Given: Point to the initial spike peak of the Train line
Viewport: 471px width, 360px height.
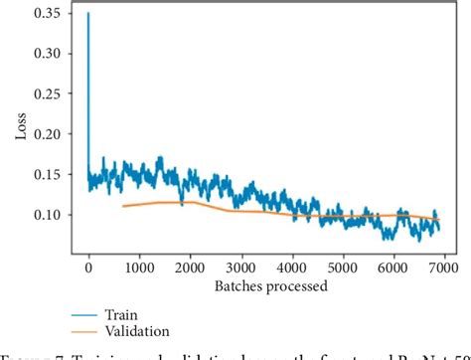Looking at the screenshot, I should tap(88, 15).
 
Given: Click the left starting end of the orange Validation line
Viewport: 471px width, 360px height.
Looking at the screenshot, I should tap(123, 206).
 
